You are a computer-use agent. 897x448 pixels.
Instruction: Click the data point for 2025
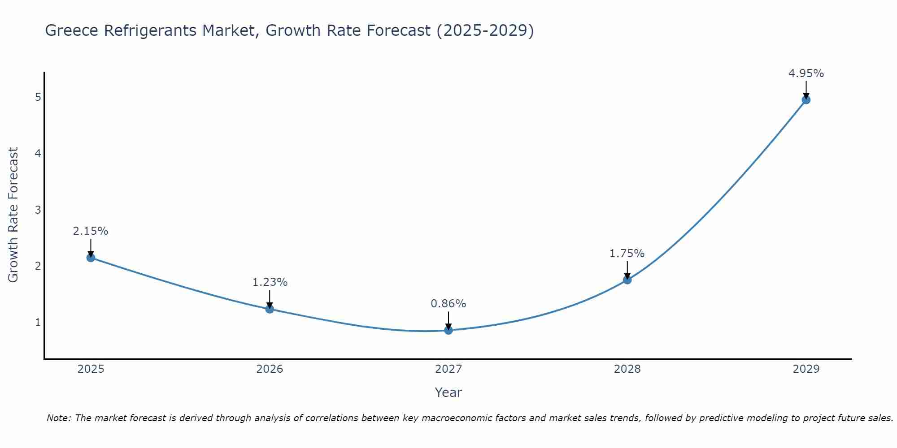pyautogui.click(x=91, y=258)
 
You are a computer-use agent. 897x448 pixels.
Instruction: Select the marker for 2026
pyautogui.click(x=270, y=309)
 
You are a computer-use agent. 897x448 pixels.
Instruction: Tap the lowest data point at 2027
pyautogui.click(x=448, y=330)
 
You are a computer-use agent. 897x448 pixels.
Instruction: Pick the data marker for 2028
pyautogui.click(x=627, y=280)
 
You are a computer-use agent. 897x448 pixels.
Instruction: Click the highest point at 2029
pyautogui.click(x=806, y=100)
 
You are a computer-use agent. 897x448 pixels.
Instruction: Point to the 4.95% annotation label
pyautogui.click(x=806, y=73)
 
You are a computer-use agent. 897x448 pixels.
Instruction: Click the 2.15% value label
pyautogui.click(x=91, y=231)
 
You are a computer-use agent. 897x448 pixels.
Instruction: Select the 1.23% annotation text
pyautogui.click(x=270, y=282)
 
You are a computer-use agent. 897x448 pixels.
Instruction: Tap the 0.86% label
pyautogui.click(x=448, y=304)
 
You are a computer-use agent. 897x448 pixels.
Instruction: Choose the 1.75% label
pyautogui.click(x=627, y=254)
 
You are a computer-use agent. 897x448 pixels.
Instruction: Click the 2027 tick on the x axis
pyautogui.click(x=448, y=369)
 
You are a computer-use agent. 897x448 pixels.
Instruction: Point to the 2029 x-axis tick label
pyautogui.click(x=806, y=369)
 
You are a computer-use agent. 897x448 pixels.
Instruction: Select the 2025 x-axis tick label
pyautogui.click(x=91, y=369)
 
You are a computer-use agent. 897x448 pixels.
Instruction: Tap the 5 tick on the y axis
pyautogui.click(x=38, y=97)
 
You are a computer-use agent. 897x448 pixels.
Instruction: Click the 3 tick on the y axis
pyautogui.click(x=38, y=210)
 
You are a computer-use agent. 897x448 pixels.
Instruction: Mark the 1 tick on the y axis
pyautogui.click(x=38, y=322)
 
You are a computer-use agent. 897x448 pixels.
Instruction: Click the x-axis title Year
pyautogui.click(x=448, y=392)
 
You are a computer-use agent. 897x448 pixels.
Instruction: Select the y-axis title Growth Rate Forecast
pyautogui.click(x=13, y=215)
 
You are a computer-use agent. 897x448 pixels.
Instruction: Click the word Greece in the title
pyautogui.click(x=72, y=30)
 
